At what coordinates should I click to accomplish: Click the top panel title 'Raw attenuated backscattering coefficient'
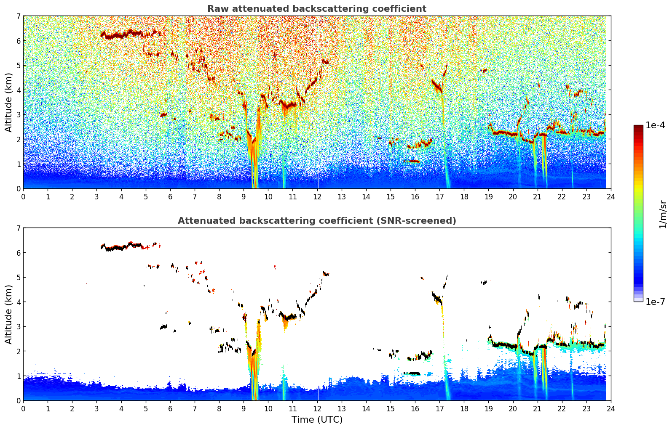coord(316,9)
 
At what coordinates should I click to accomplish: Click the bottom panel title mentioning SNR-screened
coord(316,221)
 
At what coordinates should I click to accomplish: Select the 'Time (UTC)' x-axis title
coord(317,420)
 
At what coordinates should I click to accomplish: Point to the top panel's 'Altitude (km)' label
coord(8,102)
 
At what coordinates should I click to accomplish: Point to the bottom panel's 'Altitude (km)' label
coord(8,314)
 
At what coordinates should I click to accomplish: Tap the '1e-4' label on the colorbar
coord(655,125)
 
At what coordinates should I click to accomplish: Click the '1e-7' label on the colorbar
coord(655,302)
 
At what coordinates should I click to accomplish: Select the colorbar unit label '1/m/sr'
coord(663,214)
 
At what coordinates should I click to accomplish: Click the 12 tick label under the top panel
coord(317,196)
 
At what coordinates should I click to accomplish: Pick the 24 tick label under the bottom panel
coord(610,408)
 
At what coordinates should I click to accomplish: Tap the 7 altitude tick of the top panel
coord(18,16)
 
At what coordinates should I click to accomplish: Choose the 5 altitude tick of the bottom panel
coord(18,278)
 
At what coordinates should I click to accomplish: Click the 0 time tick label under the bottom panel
coord(23,408)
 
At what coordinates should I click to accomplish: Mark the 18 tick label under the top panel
coord(464,196)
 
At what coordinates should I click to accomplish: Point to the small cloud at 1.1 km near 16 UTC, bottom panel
coord(411,373)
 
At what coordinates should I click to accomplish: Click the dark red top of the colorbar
coord(638,127)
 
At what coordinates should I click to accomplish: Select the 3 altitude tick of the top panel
coord(18,115)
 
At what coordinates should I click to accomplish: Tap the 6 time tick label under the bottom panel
coord(170,408)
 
